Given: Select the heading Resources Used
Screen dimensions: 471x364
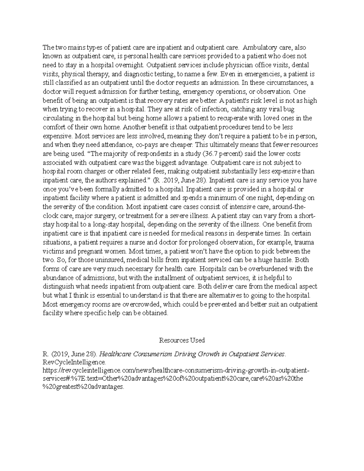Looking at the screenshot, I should [x=182, y=340].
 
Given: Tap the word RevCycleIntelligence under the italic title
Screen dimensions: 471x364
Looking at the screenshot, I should [x=74, y=362].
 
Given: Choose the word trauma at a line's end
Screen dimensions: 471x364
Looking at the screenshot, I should [x=304, y=242].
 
